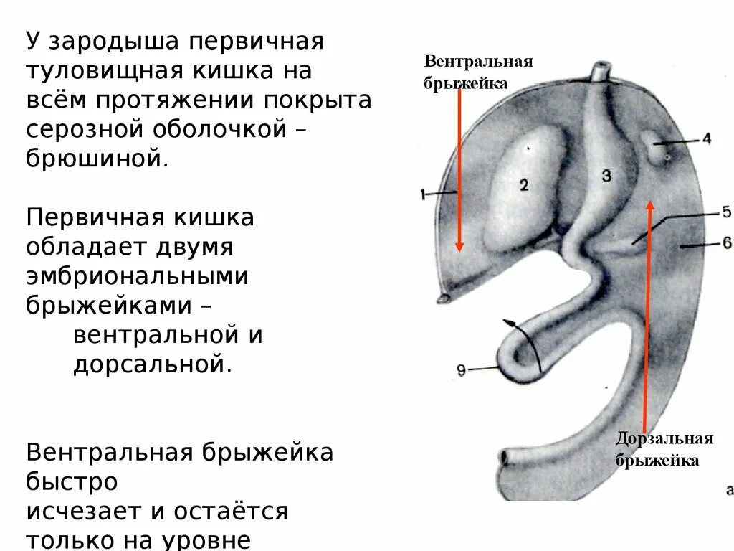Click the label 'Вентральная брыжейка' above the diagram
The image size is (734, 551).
pyautogui.click(x=478, y=71)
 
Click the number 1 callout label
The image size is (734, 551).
pyautogui.click(x=423, y=193)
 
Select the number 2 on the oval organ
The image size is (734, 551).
pyautogui.click(x=524, y=185)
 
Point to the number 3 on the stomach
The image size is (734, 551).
pyautogui.click(x=606, y=176)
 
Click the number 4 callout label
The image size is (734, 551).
pyautogui.click(x=707, y=139)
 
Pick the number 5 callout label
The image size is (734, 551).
pyautogui.click(x=725, y=212)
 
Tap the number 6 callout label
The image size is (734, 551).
pyautogui.click(x=726, y=243)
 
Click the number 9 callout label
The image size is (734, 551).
pyautogui.click(x=461, y=370)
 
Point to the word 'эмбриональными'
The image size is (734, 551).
pyautogui.click(x=138, y=275)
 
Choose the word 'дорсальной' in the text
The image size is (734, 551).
pyautogui.click(x=152, y=364)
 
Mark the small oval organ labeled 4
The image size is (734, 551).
pyautogui.click(x=659, y=147)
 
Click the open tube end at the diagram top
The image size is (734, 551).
pyautogui.click(x=600, y=71)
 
